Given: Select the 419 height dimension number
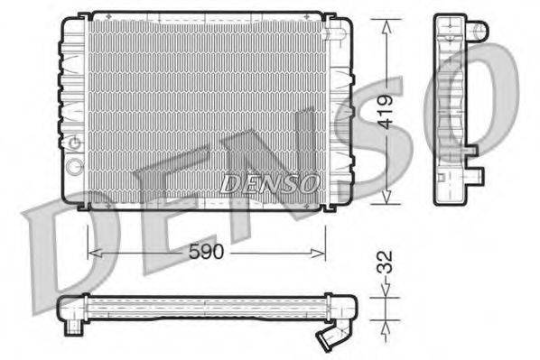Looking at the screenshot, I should (x=386, y=113).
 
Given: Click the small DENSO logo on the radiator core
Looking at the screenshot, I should (x=270, y=182).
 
